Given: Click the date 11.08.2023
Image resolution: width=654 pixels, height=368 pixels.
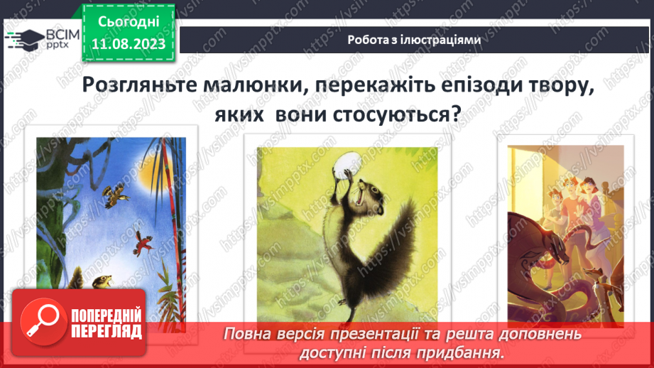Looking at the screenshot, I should pos(129,44).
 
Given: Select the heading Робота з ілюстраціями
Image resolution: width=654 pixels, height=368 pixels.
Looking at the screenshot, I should pos(415,40).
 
